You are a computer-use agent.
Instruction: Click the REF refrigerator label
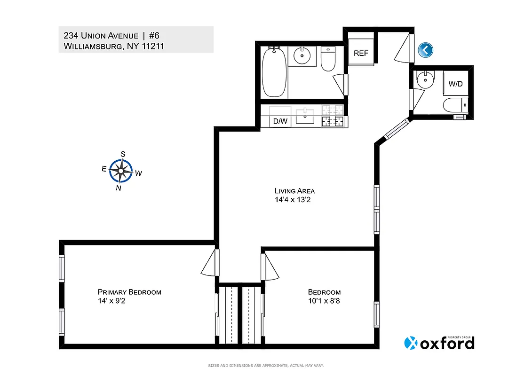(361, 53)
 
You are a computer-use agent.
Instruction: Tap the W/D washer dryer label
(455, 84)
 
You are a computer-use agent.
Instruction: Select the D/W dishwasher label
(280, 121)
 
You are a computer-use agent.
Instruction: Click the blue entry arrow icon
(425, 50)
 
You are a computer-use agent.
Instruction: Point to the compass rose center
(121, 171)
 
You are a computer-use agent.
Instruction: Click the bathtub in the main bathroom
(273, 72)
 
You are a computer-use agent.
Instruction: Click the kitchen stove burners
(333, 116)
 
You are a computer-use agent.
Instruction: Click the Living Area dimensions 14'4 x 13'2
(294, 200)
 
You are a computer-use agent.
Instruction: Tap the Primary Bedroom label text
(129, 292)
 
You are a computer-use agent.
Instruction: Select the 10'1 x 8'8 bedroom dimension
(324, 301)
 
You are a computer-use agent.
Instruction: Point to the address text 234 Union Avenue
(101, 36)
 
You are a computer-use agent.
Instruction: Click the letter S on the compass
(123, 154)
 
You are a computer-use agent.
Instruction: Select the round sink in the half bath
(426, 79)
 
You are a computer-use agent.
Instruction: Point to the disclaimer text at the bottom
(266, 366)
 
